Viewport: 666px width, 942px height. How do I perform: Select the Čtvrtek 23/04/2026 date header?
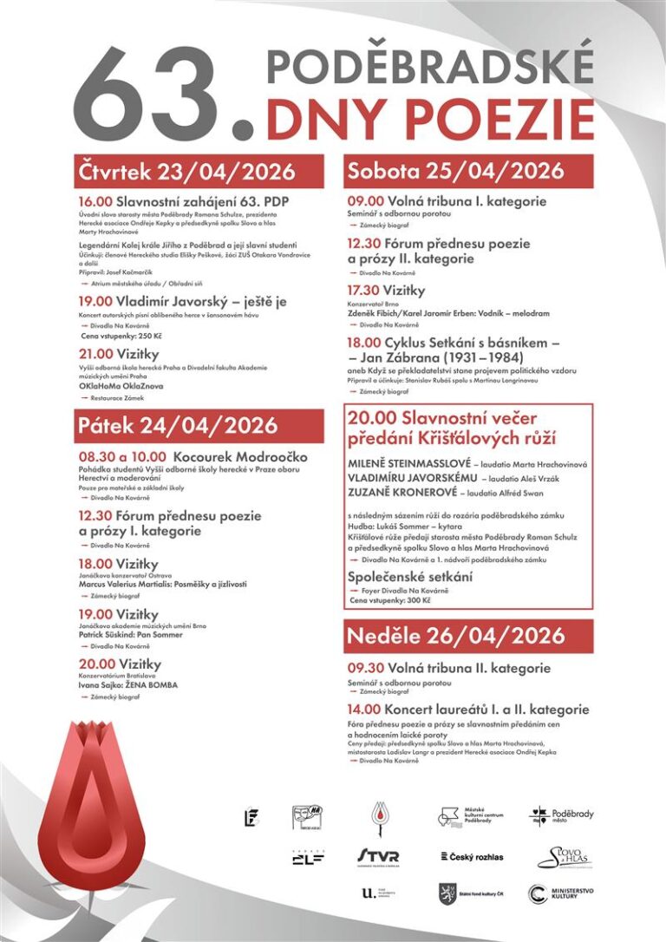[x=186, y=171]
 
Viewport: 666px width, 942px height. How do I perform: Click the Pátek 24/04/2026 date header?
[x=177, y=425]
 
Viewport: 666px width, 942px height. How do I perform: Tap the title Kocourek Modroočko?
[x=240, y=456]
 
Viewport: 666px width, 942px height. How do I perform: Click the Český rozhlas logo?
[x=473, y=857]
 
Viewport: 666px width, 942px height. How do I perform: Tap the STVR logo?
[x=378, y=857]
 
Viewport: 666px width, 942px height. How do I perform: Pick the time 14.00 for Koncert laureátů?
[x=364, y=710]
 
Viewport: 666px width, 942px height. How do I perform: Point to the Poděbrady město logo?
[x=562, y=815]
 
